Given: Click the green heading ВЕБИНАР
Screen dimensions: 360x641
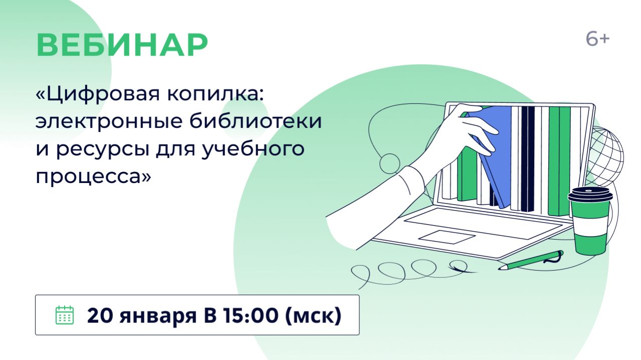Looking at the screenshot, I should click(x=122, y=46).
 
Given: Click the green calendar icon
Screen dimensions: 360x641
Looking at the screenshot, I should click(x=64, y=315).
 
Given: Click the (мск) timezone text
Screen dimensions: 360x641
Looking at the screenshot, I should click(x=314, y=316).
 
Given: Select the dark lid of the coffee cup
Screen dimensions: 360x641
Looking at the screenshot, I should click(x=590, y=195).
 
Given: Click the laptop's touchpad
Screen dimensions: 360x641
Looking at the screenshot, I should click(x=447, y=237).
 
